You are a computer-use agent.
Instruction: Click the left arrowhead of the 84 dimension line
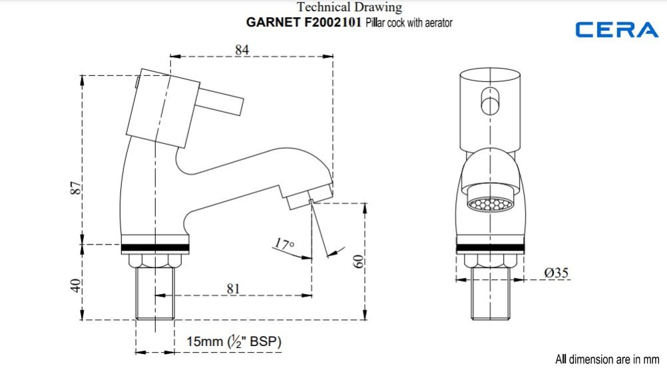pyautogui.click(x=175, y=56)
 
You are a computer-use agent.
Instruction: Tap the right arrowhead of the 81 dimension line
pyautogui.click(x=307, y=295)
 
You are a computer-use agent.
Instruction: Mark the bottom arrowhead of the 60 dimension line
pyautogui.click(x=365, y=314)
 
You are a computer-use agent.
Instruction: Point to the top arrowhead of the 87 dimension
pyautogui.click(x=82, y=81)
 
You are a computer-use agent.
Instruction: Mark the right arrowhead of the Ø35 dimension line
pyautogui.click(x=519, y=280)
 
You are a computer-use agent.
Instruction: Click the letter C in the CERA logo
pyautogui.click(x=585, y=30)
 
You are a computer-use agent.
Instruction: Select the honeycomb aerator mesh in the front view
pyautogui.click(x=490, y=203)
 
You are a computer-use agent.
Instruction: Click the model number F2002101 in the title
pyautogui.click(x=333, y=22)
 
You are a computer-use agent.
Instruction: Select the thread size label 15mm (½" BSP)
pyautogui.click(x=234, y=341)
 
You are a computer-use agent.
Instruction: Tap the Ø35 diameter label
pyautogui.click(x=556, y=273)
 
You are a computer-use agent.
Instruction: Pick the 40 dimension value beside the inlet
pyautogui.click(x=75, y=285)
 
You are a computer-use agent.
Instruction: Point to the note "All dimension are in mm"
pyautogui.click(x=607, y=359)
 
